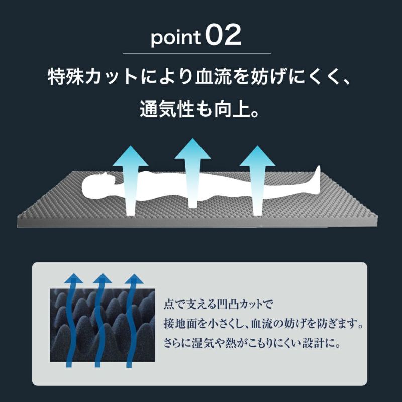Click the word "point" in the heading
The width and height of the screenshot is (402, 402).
[175, 38]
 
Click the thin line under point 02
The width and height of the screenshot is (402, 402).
[197, 54]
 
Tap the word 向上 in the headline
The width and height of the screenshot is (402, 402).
[232, 109]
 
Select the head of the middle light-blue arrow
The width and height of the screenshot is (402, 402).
[192, 149]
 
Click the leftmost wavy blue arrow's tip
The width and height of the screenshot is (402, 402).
[74, 274]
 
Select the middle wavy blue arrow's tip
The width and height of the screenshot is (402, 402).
[103, 274]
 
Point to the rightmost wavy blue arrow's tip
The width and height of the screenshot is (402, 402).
[134, 274]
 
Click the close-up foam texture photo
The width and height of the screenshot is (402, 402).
[103, 325]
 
